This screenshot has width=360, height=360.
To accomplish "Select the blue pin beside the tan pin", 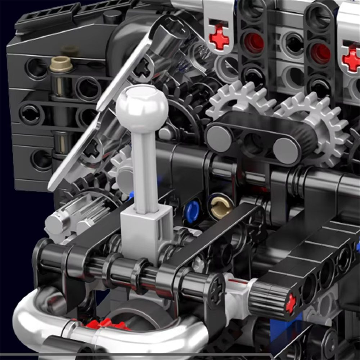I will coord(192,211).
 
